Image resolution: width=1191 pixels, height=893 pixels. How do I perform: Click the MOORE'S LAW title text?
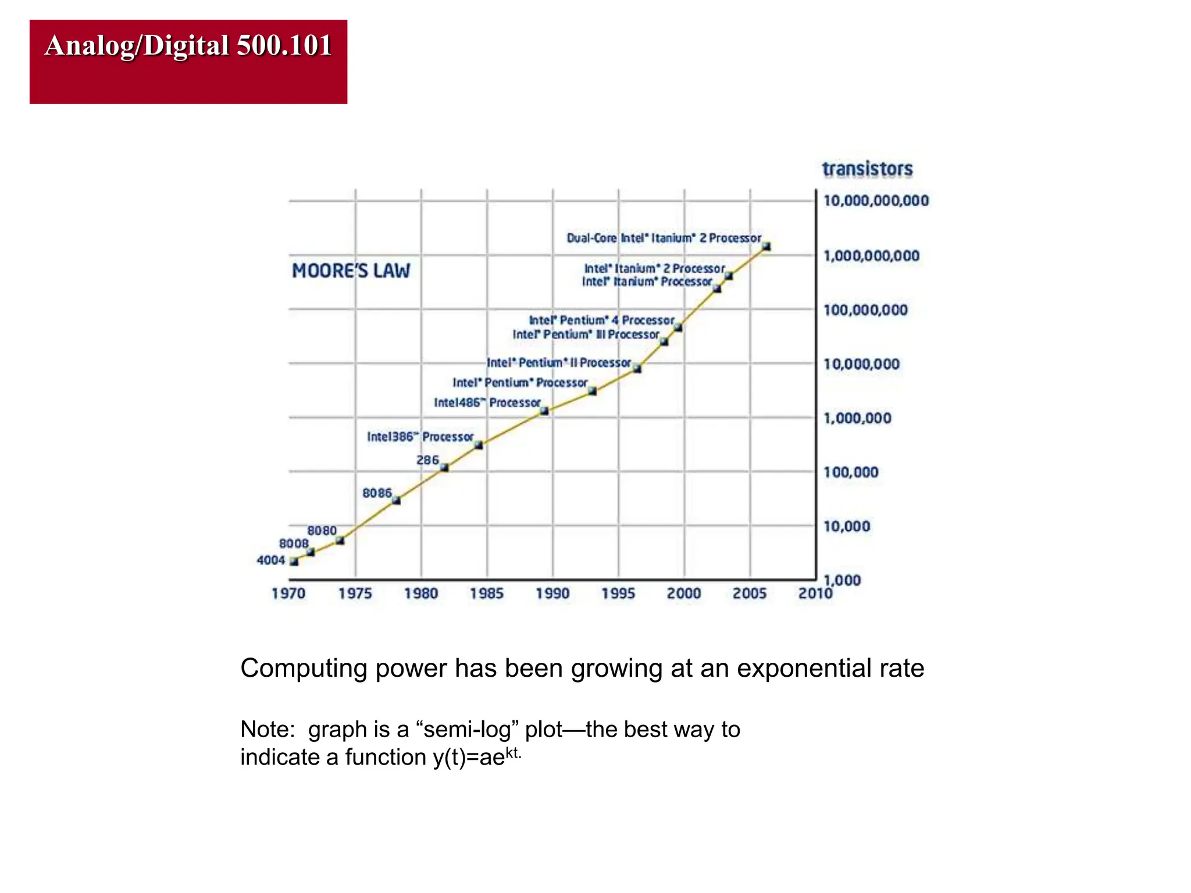tap(351, 271)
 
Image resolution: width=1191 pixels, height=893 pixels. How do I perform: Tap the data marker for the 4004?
tap(294, 562)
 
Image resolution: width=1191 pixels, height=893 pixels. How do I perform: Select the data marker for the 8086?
tap(396, 500)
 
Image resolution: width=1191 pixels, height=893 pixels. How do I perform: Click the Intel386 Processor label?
tap(420, 437)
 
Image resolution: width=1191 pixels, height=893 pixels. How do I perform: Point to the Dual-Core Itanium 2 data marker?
tap(766, 247)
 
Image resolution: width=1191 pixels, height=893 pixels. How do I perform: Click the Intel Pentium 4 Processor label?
tap(601, 320)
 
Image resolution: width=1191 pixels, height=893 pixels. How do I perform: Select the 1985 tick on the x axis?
tap(487, 594)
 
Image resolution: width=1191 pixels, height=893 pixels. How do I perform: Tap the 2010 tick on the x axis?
tap(815, 594)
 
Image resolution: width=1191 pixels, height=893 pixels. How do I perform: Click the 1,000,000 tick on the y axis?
tap(857, 418)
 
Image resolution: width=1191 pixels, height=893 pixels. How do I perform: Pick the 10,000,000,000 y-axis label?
tap(876, 201)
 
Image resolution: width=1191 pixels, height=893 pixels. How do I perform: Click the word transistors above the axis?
tap(867, 169)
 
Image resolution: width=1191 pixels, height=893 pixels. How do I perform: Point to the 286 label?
tap(427, 460)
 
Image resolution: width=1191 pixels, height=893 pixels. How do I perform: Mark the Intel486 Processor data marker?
tap(544, 410)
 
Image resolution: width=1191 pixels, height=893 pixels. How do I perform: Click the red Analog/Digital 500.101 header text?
tap(188, 45)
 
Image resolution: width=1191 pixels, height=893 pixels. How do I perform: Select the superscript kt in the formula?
tap(512, 753)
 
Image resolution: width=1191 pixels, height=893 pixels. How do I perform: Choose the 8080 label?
tap(322, 531)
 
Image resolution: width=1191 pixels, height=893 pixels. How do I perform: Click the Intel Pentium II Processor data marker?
tap(637, 368)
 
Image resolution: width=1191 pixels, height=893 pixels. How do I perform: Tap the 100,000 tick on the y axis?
tap(850, 472)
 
